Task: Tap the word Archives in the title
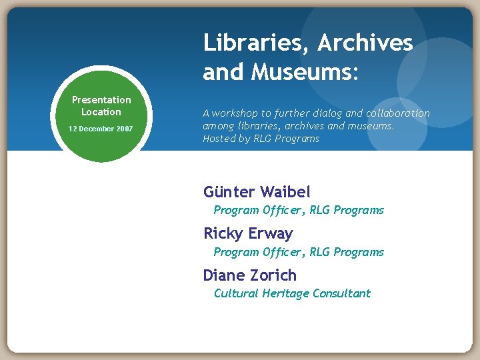point(365,43)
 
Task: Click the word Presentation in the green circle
point(101,100)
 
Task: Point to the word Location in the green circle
point(101,112)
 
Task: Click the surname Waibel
point(285,192)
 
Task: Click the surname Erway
point(270,233)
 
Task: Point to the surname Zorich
point(275,275)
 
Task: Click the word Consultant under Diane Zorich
point(341,293)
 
